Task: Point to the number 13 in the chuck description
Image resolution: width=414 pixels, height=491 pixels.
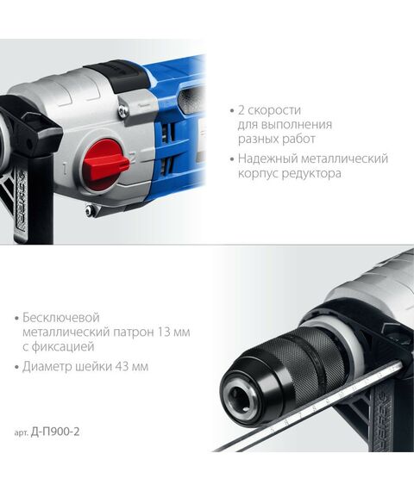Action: [154, 332]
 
